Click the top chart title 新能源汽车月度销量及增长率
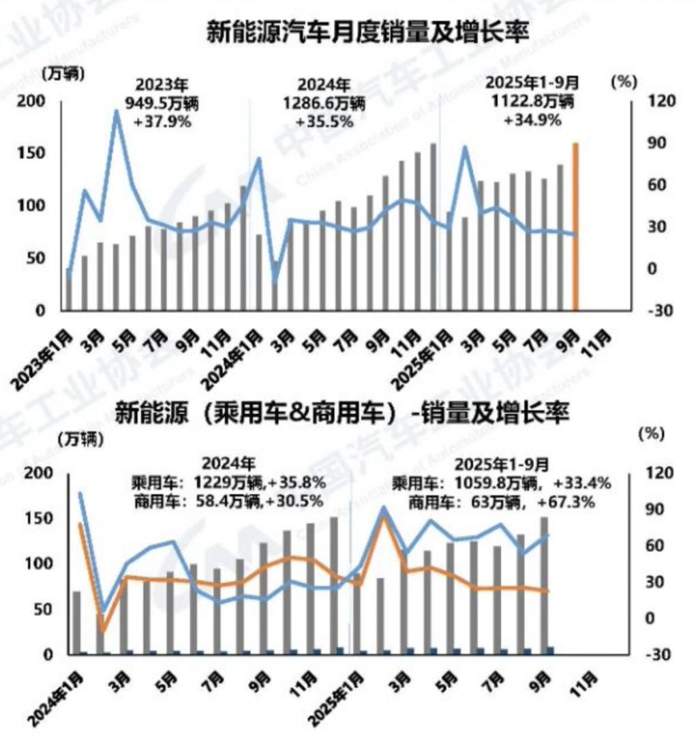367,32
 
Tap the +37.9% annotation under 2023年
162,123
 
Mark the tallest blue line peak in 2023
117,111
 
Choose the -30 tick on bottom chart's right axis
643,654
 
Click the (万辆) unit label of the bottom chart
80,440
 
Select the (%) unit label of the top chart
624,80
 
